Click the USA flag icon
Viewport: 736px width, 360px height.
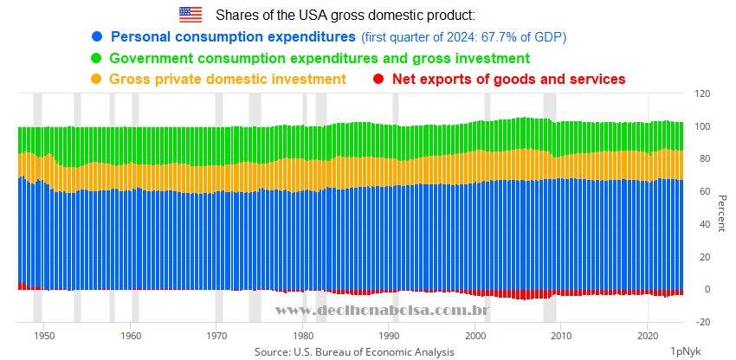[x=190, y=15]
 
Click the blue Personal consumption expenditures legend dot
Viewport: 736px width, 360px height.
[x=97, y=37]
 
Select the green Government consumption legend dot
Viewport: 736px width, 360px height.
[x=97, y=59]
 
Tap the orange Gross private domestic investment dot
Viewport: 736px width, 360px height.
[x=97, y=80]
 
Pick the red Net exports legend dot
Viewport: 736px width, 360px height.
[x=378, y=80]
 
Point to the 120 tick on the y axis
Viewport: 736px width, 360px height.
[x=703, y=94]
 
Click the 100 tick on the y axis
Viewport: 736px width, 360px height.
[x=703, y=127]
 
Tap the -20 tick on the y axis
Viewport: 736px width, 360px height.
[x=702, y=322]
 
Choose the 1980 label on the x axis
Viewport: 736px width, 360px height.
[x=303, y=335]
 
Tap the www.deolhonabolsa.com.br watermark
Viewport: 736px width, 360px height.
[x=384, y=310]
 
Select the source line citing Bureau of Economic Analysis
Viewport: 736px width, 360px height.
[x=353, y=352]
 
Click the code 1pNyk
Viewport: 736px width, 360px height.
[x=685, y=351]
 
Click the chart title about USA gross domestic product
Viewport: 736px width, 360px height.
[x=345, y=16]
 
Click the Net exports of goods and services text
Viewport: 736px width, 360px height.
[x=508, y=80]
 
